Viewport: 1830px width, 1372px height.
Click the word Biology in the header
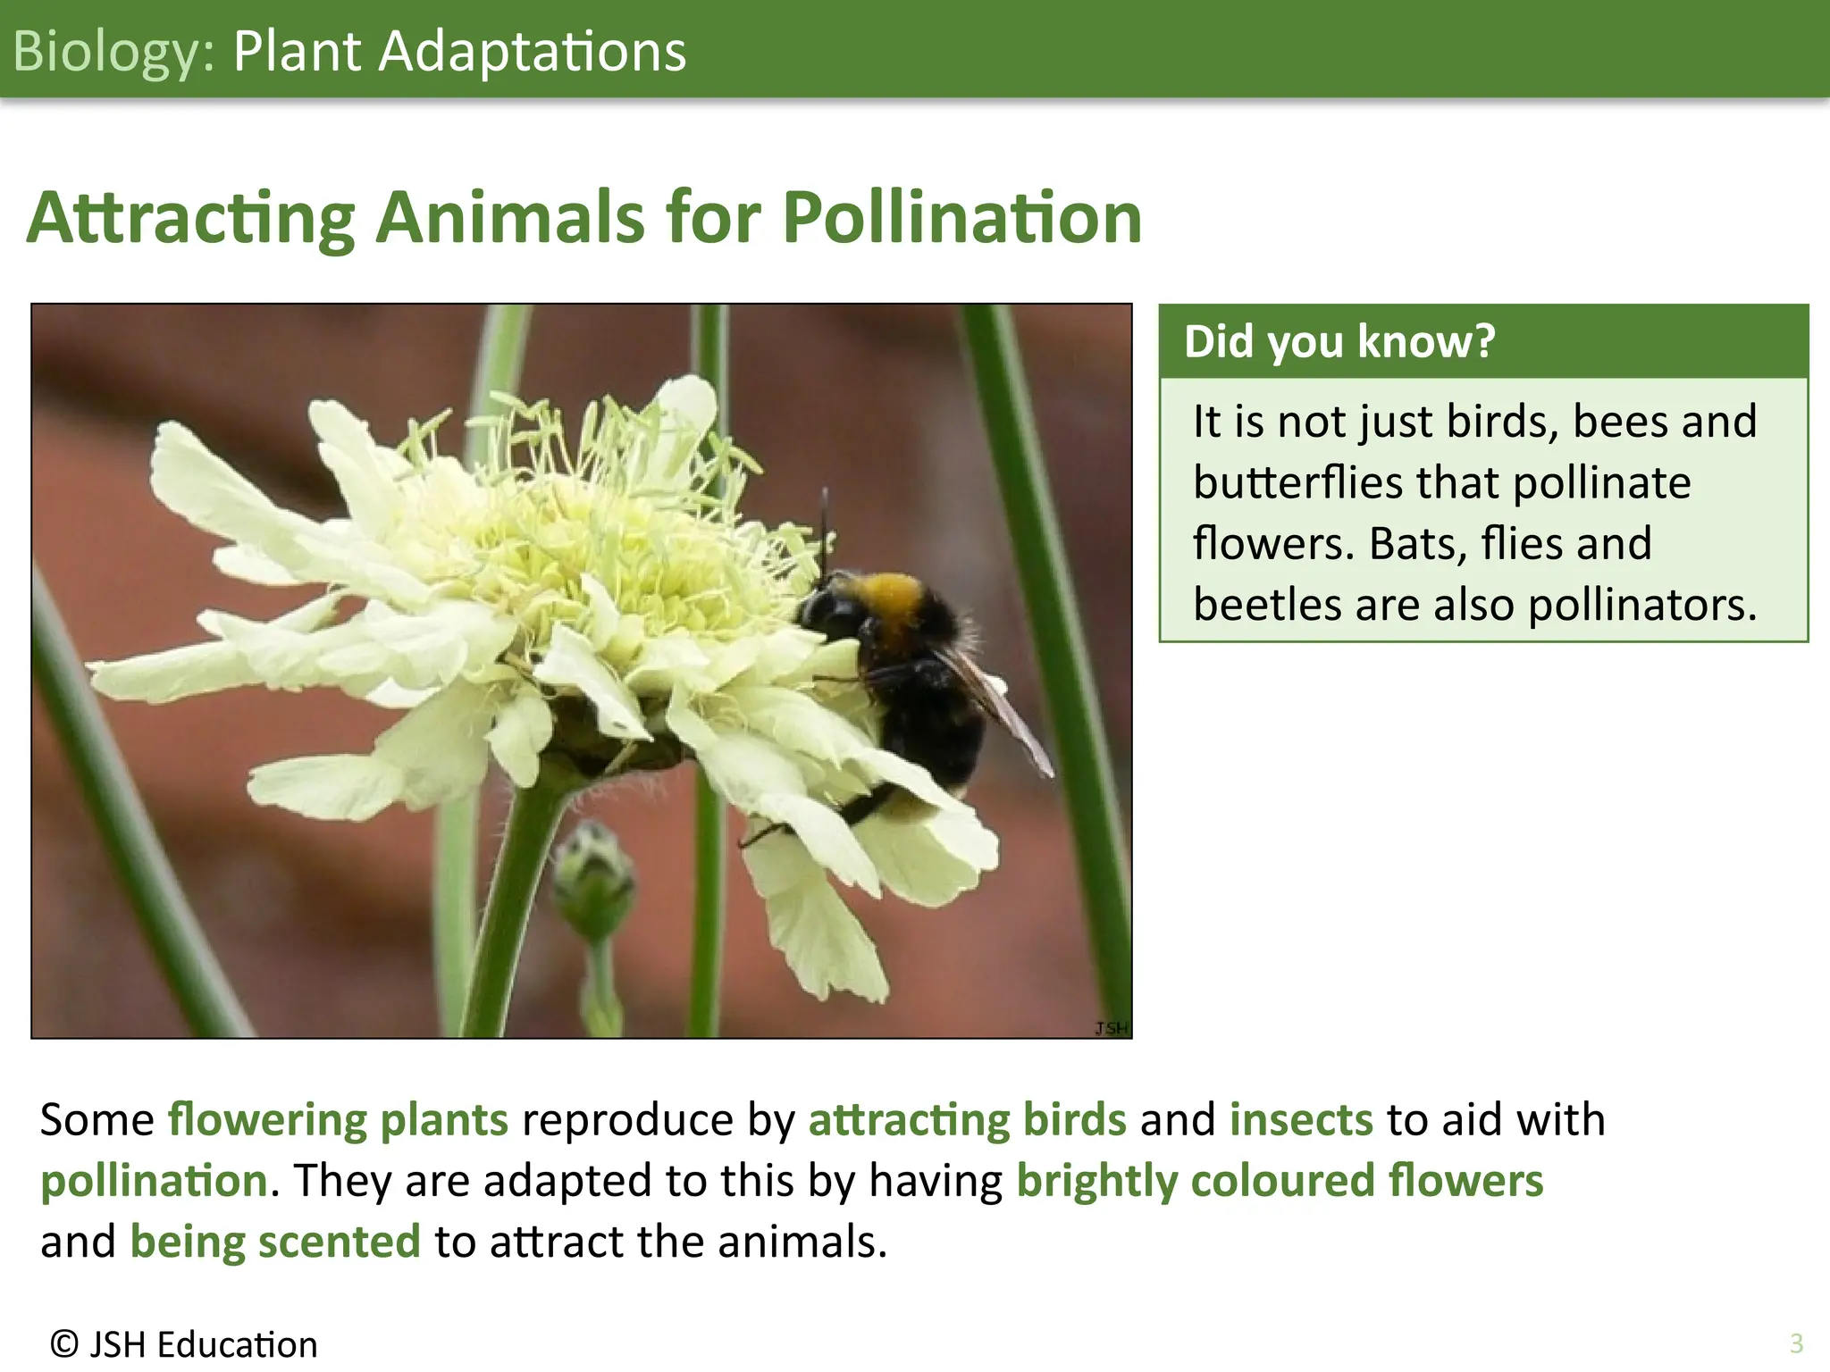click(x=107, y=52)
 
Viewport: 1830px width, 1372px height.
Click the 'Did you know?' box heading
click(x=1339, y=341)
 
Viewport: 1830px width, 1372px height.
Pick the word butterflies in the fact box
click(x=1297, y=482)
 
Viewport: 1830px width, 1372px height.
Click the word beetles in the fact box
click(x=1267, y=605)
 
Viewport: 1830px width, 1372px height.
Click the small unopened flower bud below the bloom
click(x=592, y=875)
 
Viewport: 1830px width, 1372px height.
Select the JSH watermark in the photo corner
click(x=1111, y=1028)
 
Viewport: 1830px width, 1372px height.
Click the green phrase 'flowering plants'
click(x=338, y=1119)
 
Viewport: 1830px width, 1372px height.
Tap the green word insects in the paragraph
click(x=1300, y=1119)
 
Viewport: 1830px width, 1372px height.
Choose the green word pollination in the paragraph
click(x=154, y=1181)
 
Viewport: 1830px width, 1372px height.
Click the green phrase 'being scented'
click(x=275, y=1242)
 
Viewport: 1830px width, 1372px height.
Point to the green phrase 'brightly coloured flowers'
click(x=1280, y=1181)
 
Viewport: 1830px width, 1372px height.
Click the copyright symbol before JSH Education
click(x=63, y=1343)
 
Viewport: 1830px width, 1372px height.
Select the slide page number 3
click(x=1796, y=1343)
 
